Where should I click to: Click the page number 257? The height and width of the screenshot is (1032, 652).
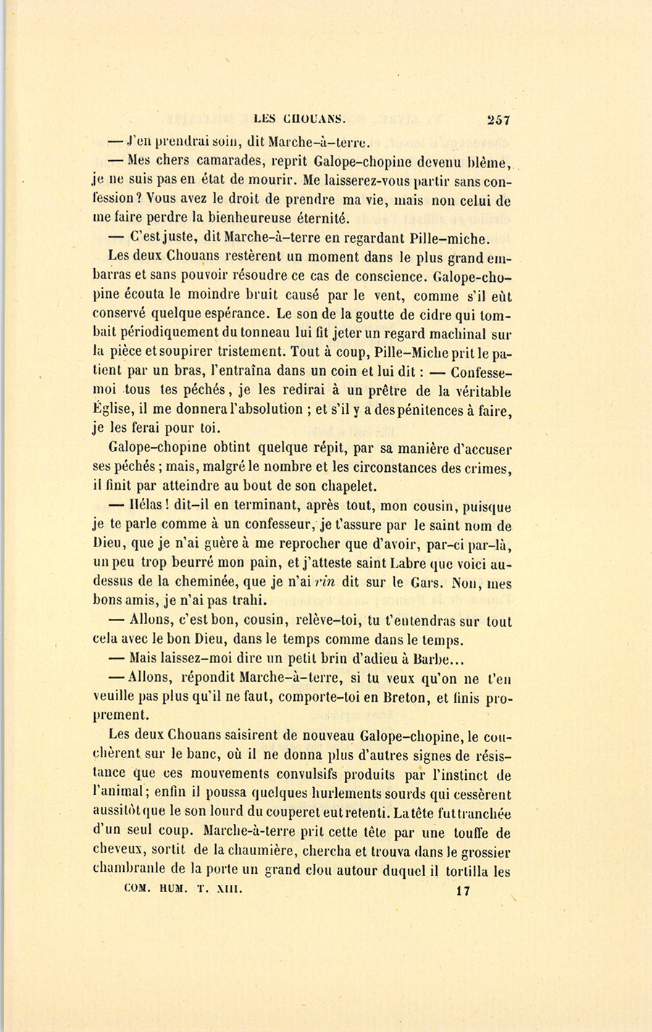[499, 120]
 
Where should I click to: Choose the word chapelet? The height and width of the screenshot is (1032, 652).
[343, 486]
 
